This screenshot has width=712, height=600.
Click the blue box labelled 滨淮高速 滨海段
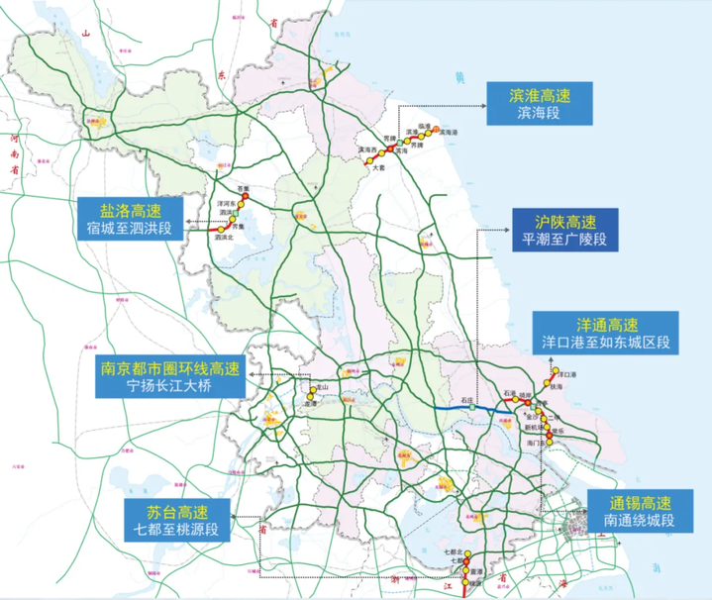(x=539, y=103)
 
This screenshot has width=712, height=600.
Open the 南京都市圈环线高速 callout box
(x=169, y=376)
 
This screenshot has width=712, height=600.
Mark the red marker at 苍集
(x=244, y=196)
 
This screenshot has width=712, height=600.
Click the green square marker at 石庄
(x=472, y=406)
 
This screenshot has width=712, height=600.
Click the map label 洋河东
(x=225, y=202)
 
